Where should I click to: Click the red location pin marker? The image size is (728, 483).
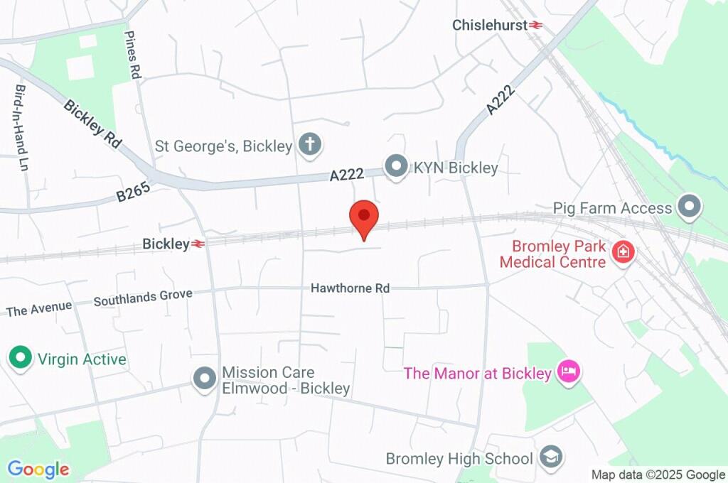click(364, 217)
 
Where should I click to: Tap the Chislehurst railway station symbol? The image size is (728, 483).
click(535, 25)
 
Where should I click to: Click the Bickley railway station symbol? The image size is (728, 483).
click(198, 244)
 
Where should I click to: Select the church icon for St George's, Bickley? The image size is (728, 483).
click(309, 145)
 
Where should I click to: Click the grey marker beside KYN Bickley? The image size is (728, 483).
click(395, 168)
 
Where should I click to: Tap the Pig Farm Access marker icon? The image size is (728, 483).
click(688, 207)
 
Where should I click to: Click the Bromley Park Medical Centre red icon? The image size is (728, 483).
click(623, 251)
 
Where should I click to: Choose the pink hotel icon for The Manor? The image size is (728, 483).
click(568, 371)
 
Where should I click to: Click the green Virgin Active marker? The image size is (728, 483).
click(20, 358)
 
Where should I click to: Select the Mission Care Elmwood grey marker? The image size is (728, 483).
click(205, 379)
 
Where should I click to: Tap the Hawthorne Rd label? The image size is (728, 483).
click(350, 288)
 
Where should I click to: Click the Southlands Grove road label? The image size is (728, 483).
click(143, 297)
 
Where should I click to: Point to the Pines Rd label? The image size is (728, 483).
click(133, 54)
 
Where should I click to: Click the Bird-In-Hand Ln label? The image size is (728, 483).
click(21, 120)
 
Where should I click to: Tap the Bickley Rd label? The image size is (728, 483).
click(92, 123)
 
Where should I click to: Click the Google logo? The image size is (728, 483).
click(38, 469)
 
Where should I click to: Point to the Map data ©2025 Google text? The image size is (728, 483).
click(658, 474)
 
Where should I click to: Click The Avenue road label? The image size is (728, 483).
click(39, 308)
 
